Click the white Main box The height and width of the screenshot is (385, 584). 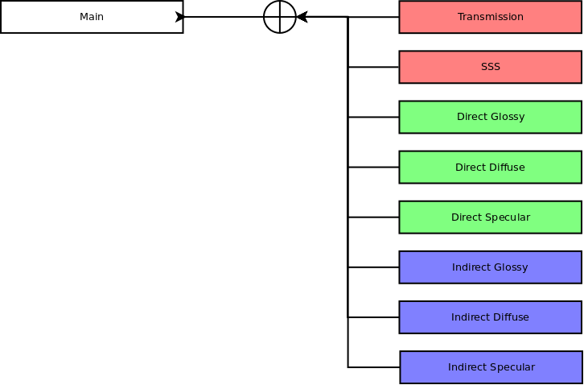coord(92,17)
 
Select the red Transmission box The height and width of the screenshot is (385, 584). coord(490,17)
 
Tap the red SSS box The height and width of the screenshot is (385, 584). coord(490,67)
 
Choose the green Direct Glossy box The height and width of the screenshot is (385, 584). coord(490,117)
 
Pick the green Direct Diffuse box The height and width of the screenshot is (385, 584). coord(490,168)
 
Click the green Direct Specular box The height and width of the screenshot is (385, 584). coord(490,217)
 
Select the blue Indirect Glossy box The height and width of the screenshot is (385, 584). coord(490,267)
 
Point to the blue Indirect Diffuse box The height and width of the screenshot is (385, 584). coord(490,317)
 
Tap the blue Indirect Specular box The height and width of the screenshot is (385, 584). coord(491,367)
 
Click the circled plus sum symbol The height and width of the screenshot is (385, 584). coord(280,17)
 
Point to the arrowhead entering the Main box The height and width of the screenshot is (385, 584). coord(179,17)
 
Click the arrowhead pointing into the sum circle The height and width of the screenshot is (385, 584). coord(302,17)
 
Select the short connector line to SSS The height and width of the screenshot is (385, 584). coord(373,67)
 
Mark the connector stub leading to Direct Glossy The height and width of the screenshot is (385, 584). coord(373,117)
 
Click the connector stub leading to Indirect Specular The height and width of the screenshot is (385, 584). coord(373,367)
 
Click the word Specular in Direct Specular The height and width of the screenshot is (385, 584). coord(512,217)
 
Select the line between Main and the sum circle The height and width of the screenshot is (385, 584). coord(224,17)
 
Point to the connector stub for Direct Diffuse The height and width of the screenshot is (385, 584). coord(373,168)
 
